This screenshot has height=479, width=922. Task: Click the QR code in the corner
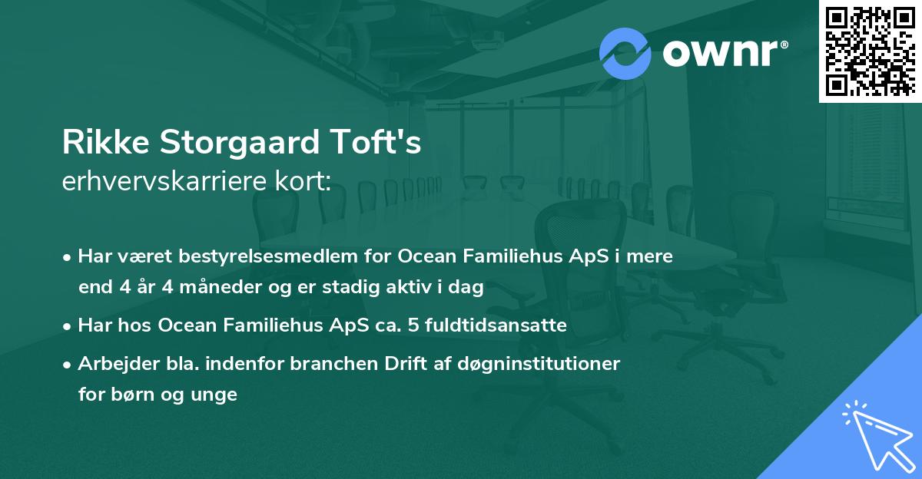click(869, 51)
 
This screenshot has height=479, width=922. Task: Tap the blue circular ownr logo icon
click(625, 53)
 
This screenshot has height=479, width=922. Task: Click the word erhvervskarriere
click(165, 182)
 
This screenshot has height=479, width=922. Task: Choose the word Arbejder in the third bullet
click(111, 364)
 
